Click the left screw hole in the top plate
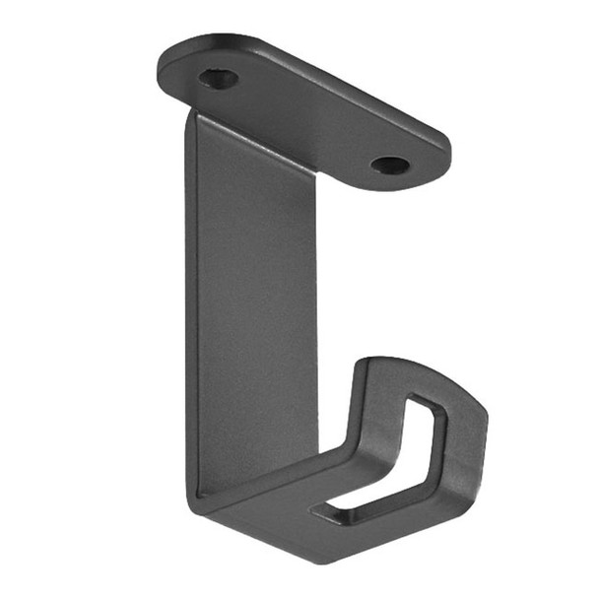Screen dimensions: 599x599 (x=218, y=78)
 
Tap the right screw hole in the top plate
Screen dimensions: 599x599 (x=391, y=165)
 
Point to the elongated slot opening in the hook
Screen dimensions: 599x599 (x=389, y=463)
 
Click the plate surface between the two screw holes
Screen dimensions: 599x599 (x=305, y=113)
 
